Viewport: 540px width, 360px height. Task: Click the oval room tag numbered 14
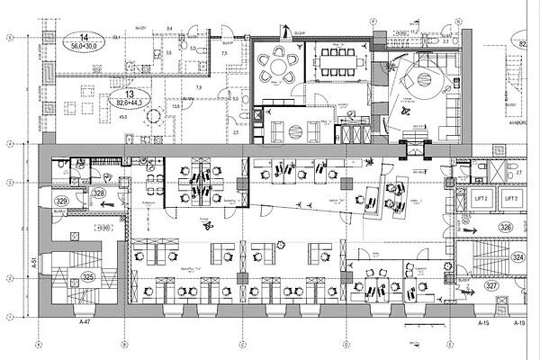(x=67, y=40)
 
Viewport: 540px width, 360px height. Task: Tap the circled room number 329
(x=62, y=201)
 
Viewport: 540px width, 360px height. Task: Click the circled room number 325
(x=87, y=277)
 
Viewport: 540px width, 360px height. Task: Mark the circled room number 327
(x=491, y=285)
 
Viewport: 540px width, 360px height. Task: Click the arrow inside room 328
(x=105, y=204)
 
